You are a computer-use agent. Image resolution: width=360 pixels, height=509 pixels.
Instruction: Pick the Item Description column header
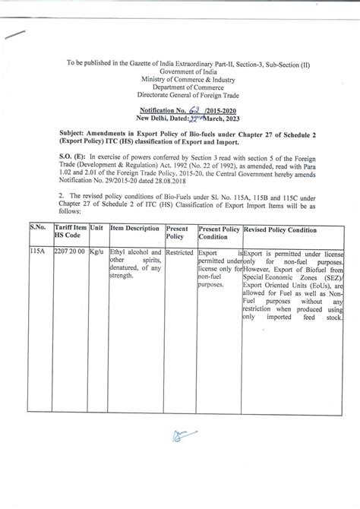pos(134,227)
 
